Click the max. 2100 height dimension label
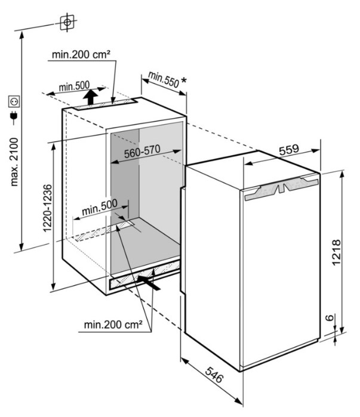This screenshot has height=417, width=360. pyautogui.click(x=14, y=162)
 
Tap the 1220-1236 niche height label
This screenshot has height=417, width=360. pyautogui.click(x=47, y=208)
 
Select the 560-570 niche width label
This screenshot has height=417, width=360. pyautogui.click(x=142, y=151)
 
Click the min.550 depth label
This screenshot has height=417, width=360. pyautogui.click(x=164, y=79)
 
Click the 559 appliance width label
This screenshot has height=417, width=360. pyautogui.click(x=289, y=150)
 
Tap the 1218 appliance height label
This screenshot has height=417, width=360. pyautogui.click(x=336, y=252)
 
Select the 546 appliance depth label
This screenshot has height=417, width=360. pyautogui.click(x=214, y=375)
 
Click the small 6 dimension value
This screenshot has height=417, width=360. pyautogui.click(x=330, y=317)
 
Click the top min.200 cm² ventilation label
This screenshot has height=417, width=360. pyautogui.click(x=81, y=54)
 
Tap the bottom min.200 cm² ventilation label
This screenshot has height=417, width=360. pyautogui.click(x=113, y=325)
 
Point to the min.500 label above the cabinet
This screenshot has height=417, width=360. pyautogui.click(x=74, y=86)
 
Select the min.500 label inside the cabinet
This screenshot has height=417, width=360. pyautogui.click(x=100, y=208)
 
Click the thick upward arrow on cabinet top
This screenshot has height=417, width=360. pyautogui.click(x=91, y=97)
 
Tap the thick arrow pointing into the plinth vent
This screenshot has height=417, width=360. pyautogui.click(x=149, y=283)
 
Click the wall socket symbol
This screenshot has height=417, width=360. pyautogui.click(x=14, y=101)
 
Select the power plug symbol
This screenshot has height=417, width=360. pyautogui.click(x=14, y=117)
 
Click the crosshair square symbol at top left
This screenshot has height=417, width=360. pyautogui.click(x=67, y=22)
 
